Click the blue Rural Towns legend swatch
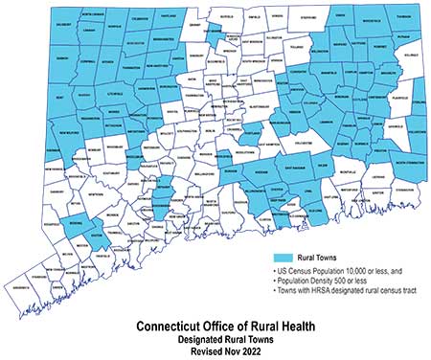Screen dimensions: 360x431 click(293, 258)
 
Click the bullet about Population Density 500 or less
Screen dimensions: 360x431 click(326, 282)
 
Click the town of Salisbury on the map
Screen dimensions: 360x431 click(34, 24)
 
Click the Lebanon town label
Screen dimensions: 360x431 click(306, 126)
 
